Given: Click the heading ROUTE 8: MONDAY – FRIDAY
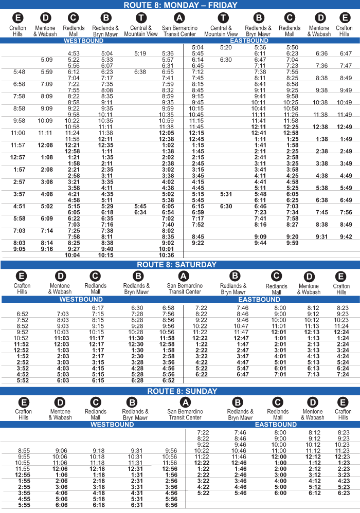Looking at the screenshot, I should coord(180,5).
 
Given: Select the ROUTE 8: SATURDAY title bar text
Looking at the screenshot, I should coord(180,265).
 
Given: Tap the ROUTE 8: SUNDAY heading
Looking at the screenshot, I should coord(180,391).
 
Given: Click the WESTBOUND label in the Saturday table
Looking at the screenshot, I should coord(81,299).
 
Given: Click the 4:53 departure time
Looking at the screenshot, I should coord(74,53).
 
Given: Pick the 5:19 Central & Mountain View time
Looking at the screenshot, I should coord(140,53).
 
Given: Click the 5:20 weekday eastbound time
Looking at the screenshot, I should coord(226,47).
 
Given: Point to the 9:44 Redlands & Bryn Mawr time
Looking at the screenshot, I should coord(260,243).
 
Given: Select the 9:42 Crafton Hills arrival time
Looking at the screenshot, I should coord(345,236).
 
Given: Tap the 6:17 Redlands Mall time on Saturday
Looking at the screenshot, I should coord(98,308).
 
